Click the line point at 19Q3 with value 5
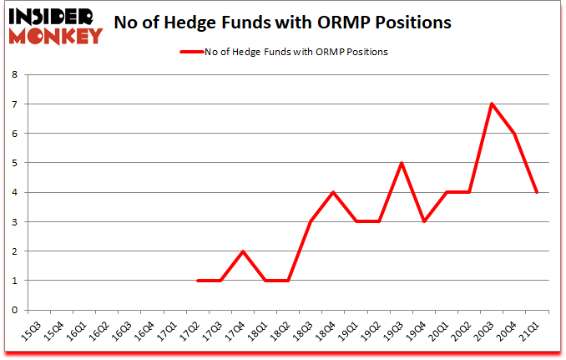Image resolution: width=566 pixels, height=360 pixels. pos(402,163)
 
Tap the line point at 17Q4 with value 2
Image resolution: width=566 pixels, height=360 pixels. pos(243,251)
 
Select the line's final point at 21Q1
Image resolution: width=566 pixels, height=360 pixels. pos(537,192)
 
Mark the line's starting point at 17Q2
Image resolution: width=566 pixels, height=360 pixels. pos(198,281)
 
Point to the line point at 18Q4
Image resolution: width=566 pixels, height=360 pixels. pos(333,192)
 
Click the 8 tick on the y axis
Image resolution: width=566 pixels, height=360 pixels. pos(15,74)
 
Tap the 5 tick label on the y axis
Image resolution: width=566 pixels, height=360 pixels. pos(15,163)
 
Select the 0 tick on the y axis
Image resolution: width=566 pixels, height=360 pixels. pos(15,310)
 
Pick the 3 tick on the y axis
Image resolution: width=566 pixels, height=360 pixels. pos(15,221)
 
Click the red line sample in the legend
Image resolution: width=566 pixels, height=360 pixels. pos(192,52)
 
